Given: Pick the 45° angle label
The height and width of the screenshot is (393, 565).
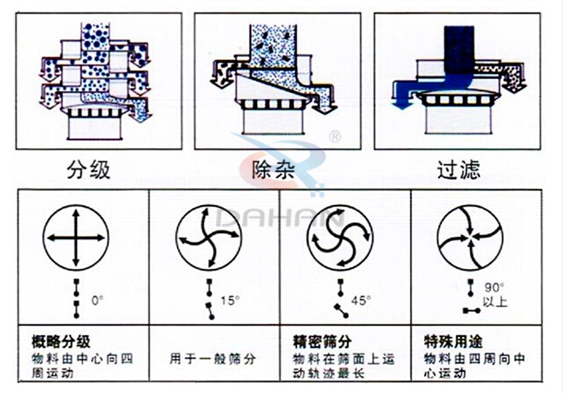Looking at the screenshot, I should [360, 299].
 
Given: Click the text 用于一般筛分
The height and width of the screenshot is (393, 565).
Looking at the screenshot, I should [213, 358].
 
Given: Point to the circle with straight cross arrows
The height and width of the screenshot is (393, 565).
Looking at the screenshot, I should [75, 238].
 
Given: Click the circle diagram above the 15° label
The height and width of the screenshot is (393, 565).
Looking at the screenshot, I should [209, 238].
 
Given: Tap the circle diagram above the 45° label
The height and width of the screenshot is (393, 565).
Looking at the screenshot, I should [339, 238].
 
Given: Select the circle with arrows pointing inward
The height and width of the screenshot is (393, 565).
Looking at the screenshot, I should [470, 238].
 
